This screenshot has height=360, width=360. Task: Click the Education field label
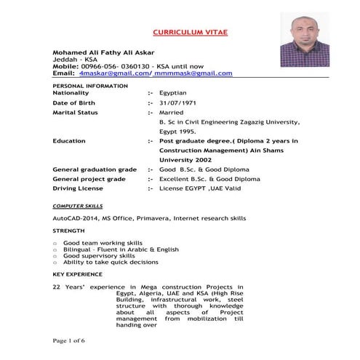click(69, 140)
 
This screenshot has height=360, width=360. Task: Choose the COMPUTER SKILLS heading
click(77, 207)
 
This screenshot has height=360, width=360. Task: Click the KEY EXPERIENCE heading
click(78, 274)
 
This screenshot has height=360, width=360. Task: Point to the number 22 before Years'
click(57, 287)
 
